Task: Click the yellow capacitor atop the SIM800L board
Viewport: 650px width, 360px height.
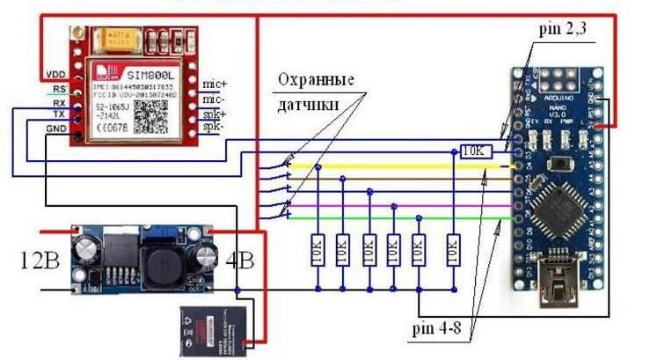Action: click(x=118, y=38)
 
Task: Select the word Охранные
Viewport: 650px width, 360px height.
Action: click(x=316, y=80)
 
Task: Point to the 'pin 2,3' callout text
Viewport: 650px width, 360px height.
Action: click(x=562, y=30)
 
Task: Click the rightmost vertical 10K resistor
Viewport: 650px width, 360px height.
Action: click(x=453, y=250)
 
